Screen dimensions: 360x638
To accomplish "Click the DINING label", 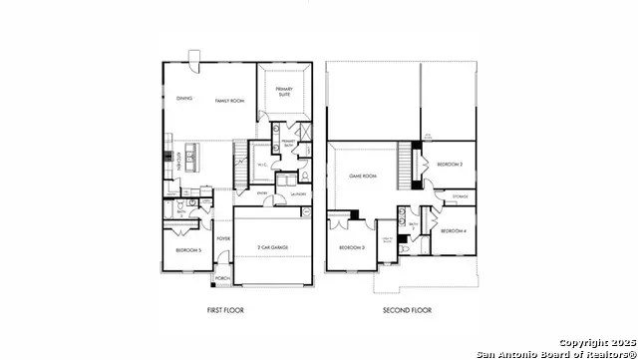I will click(x=183, y=99).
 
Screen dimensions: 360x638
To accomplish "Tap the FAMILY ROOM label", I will click(x=229, y=101).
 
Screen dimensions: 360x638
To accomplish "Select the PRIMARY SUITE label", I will click(x=283, y=92).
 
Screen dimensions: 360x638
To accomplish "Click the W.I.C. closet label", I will click(x=260, y=166).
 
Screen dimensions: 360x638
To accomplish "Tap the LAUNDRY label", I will click(x=298, y=194).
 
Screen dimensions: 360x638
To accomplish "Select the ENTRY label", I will click(x=262, y=193).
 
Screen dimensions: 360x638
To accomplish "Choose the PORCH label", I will click(x=222, y=278).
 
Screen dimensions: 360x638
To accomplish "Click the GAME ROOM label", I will click(x=362, y=177).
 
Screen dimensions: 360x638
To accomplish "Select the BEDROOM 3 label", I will click(x=350, y=247).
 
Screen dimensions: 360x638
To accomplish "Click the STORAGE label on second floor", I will click(x=458, y=197).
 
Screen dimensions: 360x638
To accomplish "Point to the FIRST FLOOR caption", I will click(x=225, y=310).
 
